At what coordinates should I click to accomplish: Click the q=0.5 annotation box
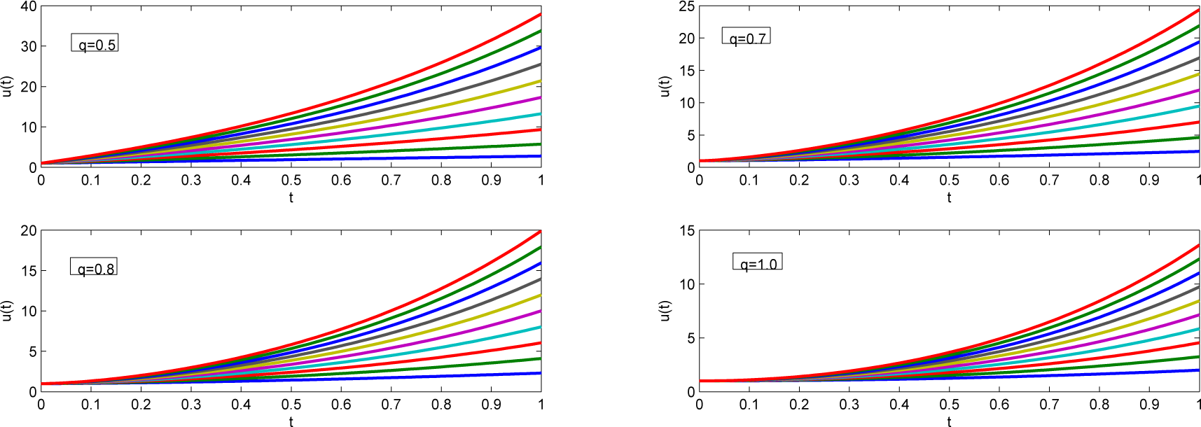pos(95,43)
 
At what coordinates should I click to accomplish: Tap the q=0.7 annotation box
pos(747,36)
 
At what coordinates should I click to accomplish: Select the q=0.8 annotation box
pos(94,267)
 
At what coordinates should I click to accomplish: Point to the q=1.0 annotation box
pos(758,262)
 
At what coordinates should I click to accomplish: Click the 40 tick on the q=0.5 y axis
pos(29,7)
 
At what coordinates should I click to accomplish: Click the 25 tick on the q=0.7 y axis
pos(687,7)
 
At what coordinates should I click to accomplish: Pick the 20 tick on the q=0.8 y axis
pos(29,231)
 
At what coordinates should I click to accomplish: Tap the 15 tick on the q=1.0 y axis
pos(687,231)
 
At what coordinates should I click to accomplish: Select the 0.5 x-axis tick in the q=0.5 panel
pos(291,180)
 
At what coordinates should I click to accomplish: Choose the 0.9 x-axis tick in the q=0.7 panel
pos(1149,180)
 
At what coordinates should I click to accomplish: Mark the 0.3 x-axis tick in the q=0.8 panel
pos(191,404)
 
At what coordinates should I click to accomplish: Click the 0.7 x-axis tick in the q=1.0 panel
pos(1049,404)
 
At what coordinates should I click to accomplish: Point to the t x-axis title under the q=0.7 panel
pos(949,197)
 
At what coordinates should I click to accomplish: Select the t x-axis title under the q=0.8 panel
pos(291,421)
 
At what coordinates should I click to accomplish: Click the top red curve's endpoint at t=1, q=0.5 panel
pos(540,14)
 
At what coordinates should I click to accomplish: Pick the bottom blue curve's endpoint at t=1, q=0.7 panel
pos(1198,151)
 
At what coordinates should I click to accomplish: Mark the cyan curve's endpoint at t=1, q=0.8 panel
pos(540,327)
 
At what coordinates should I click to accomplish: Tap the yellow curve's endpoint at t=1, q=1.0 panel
pos(1198,301)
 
